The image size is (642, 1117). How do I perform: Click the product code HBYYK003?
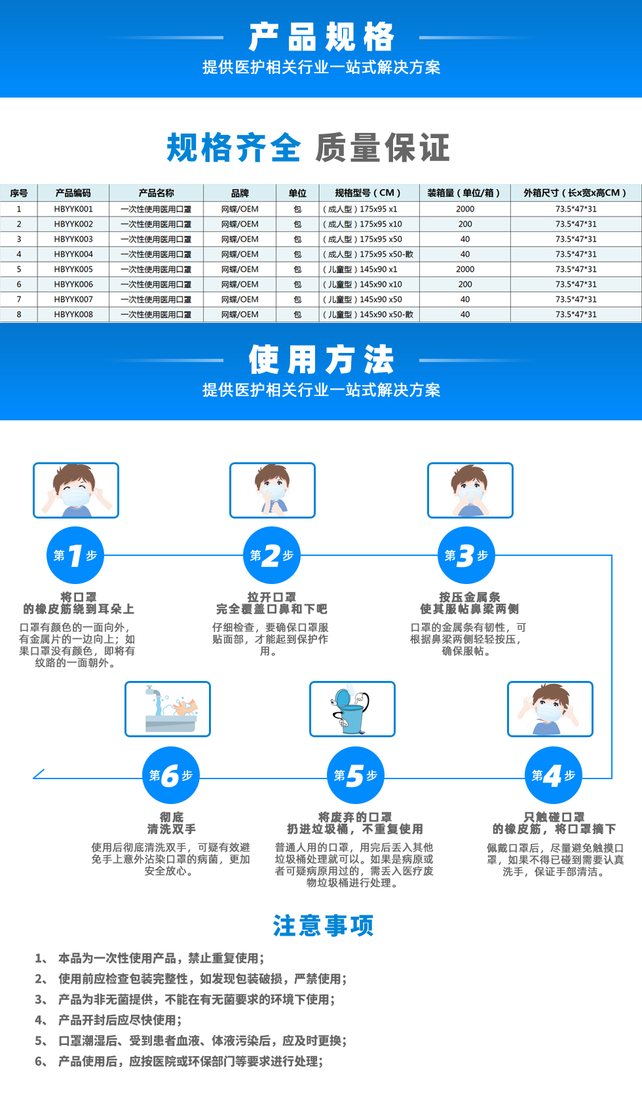(73, 239)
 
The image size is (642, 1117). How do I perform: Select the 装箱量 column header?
(464, 193)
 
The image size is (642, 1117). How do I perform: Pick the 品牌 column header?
(240, 193)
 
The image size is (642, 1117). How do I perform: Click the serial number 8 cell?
(19, 314)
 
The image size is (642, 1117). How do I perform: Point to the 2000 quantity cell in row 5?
(465, 269)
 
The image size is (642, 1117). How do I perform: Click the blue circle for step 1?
(75, 555)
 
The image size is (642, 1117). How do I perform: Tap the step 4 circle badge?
(553, 775)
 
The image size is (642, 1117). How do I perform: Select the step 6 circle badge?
(170, 775)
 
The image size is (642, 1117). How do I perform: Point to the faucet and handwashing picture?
(168, 709)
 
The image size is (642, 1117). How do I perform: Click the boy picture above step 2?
(273, 490)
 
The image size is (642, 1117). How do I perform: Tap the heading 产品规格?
(322, 37)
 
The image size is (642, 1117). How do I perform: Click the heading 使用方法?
(322, 359)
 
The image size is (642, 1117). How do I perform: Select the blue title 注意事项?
(323, 926)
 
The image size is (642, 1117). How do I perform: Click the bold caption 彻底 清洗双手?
(171, 823)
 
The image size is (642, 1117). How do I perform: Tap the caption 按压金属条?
(470, 597)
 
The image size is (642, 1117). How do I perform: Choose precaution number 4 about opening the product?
(108, 1020)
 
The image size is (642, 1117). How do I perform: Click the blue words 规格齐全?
(233, 147)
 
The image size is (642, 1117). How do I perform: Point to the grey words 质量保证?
(383, 147)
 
